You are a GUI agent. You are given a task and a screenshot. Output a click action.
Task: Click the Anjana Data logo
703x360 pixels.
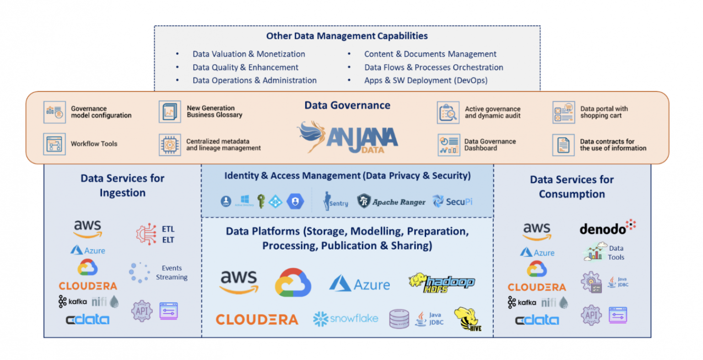coord(348,137)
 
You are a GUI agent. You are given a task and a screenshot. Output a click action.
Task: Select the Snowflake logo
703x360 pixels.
coord(346,318)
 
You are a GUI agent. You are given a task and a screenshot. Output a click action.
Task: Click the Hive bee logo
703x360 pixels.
coord(467,319)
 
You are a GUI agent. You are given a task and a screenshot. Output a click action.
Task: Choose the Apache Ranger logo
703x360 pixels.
coord(391,202)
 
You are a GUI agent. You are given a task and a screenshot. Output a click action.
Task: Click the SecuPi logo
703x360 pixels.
coord(453,201)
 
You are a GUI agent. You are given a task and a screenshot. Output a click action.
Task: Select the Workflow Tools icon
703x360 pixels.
coord(54,144)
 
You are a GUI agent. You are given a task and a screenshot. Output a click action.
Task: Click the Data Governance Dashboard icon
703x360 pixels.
coord(448,145)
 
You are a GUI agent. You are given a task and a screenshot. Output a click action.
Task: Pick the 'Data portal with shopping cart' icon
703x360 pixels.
coord(563,113)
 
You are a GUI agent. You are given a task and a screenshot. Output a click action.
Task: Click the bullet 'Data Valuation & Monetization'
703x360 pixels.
coord(249,54)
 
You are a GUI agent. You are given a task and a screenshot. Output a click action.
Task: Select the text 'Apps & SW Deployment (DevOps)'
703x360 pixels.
coord(426,81)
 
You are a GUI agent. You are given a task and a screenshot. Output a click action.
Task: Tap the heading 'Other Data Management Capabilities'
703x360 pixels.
coord(347,36)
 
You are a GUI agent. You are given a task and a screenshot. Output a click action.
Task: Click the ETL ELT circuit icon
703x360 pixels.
coord(146,234)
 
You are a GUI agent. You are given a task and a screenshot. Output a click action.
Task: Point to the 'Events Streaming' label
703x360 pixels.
coord(172,273)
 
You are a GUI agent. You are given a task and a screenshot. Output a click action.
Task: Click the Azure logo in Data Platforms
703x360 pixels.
coord(360,284)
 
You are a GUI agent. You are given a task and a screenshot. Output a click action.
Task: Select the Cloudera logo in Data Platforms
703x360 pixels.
coord(257,319)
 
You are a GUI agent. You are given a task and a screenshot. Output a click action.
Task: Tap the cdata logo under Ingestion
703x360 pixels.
coord(87,319)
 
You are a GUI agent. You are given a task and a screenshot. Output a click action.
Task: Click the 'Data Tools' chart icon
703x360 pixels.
coord(595,253)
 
